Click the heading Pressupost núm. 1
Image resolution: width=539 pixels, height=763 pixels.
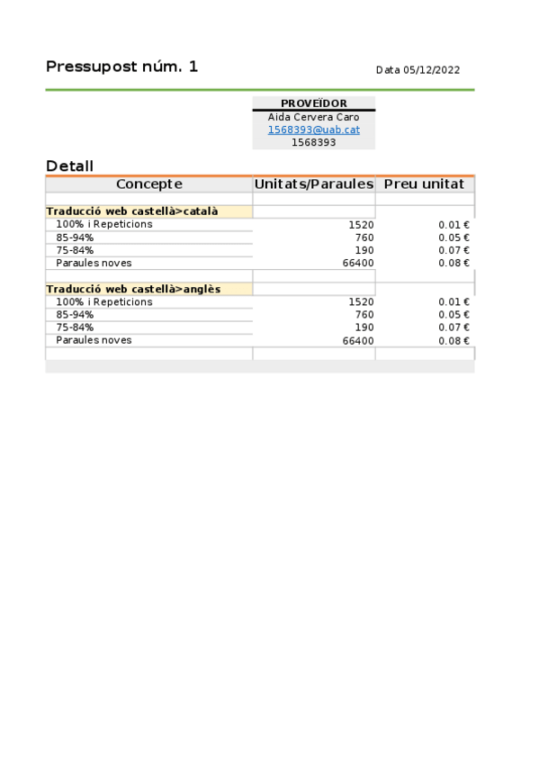pos(121,67)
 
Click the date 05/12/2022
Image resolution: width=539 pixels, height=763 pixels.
pos(418,70)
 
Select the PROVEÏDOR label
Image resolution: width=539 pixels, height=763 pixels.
pos(313,103)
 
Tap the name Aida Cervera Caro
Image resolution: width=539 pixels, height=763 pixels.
pos(313,117)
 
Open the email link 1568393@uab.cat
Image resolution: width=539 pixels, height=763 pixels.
pos(313,130)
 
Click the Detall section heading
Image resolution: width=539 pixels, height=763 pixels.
pos(69,166)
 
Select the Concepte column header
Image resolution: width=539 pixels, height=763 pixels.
pos(148,184)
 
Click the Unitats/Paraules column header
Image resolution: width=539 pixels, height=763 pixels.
pos(313,184)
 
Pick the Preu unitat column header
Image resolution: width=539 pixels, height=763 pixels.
pos(424,184)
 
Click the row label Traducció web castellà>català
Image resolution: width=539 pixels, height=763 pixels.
pos(132,211)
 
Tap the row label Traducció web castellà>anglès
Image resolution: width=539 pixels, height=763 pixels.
pos(133,289)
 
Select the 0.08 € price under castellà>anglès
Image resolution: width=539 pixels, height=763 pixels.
pos(460,341)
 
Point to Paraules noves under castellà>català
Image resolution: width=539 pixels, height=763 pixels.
pos(94,263)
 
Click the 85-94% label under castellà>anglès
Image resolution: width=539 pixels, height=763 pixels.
pos(75,315)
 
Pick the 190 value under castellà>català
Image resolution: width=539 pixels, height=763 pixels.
pos(364,250)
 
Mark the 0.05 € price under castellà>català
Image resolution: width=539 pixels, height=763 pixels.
pos(460,238)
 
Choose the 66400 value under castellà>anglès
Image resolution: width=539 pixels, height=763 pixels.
pos(358,341)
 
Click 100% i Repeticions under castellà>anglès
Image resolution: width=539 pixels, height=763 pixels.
pos(104,302)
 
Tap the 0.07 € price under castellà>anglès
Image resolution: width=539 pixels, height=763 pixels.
pos(460,328)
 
